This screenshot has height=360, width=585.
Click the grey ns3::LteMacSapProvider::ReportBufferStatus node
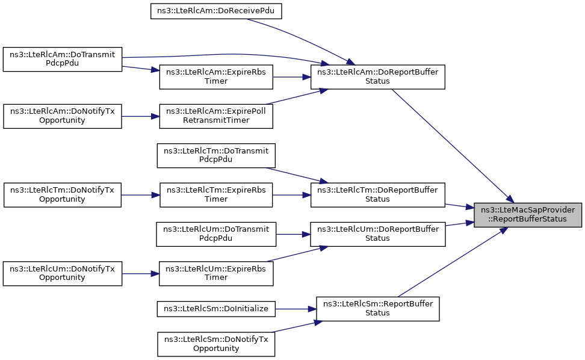point(528,215)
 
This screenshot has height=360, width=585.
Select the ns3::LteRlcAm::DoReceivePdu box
point(216,11)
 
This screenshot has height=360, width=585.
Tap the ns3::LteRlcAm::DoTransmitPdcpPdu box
point(63,59)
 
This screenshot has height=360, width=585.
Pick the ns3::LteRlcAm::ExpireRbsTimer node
point(216,77)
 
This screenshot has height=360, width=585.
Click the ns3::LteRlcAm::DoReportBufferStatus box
point(377,77)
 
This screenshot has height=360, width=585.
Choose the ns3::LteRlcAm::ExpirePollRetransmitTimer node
point(216,116)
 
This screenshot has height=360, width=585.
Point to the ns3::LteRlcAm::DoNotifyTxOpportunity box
point(63,116)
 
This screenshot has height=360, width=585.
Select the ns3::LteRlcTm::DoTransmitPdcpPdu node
point(216,155)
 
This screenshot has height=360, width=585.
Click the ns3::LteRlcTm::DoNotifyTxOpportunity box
point(63,194)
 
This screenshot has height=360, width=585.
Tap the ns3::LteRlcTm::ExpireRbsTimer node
point(216,194)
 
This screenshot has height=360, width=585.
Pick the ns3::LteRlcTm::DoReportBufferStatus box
point(377,194)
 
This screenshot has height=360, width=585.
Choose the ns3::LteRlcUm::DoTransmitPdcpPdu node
point(216,234)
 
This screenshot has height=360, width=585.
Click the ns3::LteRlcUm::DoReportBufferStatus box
point(377,234)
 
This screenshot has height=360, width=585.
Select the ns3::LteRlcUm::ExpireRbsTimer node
point(216,274)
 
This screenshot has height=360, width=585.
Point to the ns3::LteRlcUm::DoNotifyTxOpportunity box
point(63,274)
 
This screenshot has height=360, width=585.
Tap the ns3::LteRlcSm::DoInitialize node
point(216,309)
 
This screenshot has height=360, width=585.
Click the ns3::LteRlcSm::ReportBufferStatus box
point(377,309)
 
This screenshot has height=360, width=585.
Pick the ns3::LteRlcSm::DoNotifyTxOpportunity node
point(216,344)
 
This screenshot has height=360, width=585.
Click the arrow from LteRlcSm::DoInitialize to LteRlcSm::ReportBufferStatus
point(296,309)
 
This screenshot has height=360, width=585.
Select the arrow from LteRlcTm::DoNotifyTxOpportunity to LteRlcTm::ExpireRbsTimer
point(141,195)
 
